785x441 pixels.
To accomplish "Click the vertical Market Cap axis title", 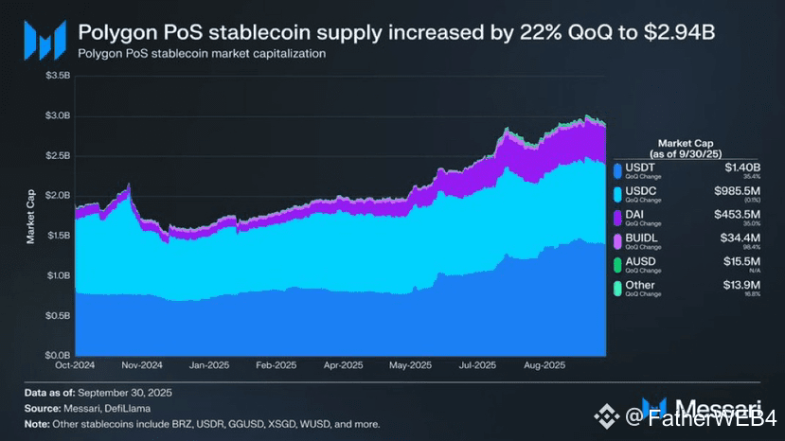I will (x=30, y=216).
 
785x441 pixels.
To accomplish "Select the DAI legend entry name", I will (x=636, y=213).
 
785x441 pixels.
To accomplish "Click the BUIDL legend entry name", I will (x=641, y=238).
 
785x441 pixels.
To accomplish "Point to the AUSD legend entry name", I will (x=641, y=261).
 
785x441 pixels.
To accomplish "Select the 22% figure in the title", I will (x=536, y=32).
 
